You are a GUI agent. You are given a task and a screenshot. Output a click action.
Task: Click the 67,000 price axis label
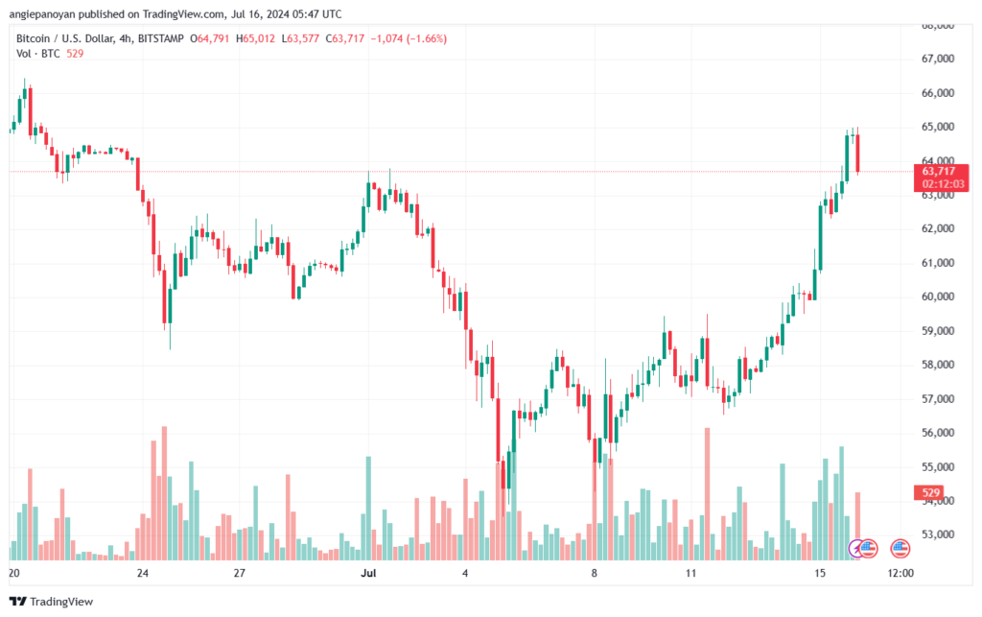point(938,59)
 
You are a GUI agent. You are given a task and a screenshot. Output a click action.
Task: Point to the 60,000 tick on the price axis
point(938,297)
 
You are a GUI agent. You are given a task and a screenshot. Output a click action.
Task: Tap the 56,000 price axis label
point(938,433)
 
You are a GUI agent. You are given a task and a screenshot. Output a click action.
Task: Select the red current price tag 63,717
point(939,171)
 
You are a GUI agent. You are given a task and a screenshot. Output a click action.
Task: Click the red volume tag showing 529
point(930,493)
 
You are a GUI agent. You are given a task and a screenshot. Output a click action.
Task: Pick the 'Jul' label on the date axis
point(368,573)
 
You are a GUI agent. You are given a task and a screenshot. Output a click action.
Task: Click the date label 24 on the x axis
point(143,573)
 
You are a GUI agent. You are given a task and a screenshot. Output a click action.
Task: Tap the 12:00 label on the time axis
point(900,573)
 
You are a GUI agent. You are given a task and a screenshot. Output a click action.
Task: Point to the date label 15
point(820,573)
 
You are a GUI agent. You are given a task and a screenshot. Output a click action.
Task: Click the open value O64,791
point(209,38)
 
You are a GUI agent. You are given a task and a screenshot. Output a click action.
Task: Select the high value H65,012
point(255,38)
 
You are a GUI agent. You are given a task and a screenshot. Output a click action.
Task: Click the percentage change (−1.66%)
point(427,38)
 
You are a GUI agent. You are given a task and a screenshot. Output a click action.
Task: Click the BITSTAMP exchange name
point(161,38)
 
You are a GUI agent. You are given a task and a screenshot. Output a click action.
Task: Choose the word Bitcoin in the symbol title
point(33,38)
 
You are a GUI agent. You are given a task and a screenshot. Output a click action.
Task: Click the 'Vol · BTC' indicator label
point(38,54)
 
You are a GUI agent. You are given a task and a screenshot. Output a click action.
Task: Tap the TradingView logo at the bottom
point(52,602)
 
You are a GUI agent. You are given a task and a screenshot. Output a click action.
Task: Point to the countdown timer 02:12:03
point(944,184)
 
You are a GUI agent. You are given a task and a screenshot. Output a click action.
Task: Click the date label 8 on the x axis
point(595,573)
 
